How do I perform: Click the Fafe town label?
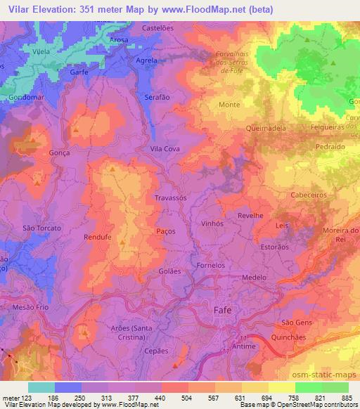[222, 310]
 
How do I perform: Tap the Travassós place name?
[170, 199]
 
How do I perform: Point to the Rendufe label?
[98, 237]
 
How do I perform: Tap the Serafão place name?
[157, 97]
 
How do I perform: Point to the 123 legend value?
[27, 398]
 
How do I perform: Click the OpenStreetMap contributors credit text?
[317, 405]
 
